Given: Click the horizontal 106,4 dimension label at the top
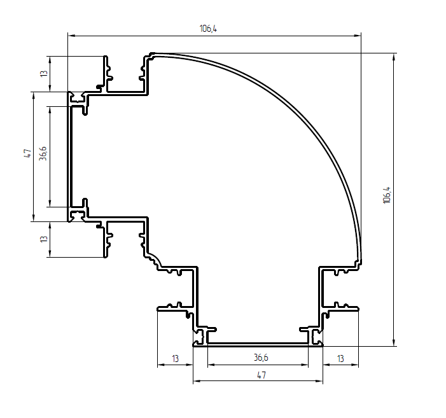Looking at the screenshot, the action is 208,29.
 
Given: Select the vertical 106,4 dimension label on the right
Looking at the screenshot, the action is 387,195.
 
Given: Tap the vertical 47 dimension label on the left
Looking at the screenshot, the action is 27,153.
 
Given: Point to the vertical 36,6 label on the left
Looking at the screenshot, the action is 43,153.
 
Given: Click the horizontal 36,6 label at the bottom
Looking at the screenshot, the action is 261,358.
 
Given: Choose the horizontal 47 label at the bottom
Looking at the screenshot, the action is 261,375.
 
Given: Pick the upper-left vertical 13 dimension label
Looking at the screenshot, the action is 43,73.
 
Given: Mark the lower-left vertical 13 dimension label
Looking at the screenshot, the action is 43,239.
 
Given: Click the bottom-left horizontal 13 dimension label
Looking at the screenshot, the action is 175,359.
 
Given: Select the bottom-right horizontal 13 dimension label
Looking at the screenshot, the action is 340,359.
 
